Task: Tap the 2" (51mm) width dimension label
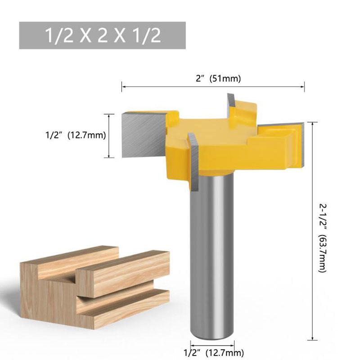pos(213,78)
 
